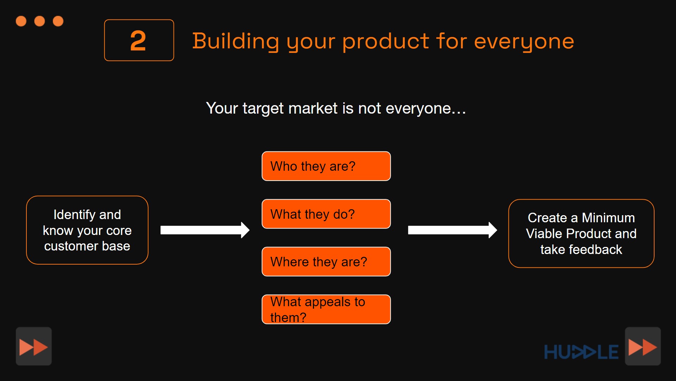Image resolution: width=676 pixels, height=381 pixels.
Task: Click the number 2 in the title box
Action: [138, 41]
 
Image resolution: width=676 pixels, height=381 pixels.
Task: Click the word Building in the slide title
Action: [236, 41]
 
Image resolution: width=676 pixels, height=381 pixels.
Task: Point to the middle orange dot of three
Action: [39, 21]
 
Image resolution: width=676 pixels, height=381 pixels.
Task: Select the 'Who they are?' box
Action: [326, 166]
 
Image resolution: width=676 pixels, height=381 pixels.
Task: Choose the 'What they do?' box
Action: [326, 214]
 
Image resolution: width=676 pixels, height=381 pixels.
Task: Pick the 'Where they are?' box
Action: [326, 261]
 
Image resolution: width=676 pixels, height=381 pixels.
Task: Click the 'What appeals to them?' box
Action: [326, 309]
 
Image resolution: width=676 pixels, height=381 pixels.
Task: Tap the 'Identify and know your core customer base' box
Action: [87, 230]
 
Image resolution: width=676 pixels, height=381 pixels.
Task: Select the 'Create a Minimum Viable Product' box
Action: [581, 234]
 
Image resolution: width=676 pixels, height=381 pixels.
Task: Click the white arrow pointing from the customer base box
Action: [205, 230]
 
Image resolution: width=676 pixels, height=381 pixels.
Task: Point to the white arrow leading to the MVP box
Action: [452, 230]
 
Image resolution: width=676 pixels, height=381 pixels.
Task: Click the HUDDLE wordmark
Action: [581, 352]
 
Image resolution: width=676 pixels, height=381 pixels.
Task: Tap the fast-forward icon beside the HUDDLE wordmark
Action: [643, 346]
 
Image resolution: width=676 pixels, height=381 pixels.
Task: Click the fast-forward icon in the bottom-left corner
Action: [34, 346]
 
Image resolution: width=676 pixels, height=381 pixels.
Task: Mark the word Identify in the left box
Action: [75, 215]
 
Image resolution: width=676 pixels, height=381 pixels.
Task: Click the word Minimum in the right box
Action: [608, 218]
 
